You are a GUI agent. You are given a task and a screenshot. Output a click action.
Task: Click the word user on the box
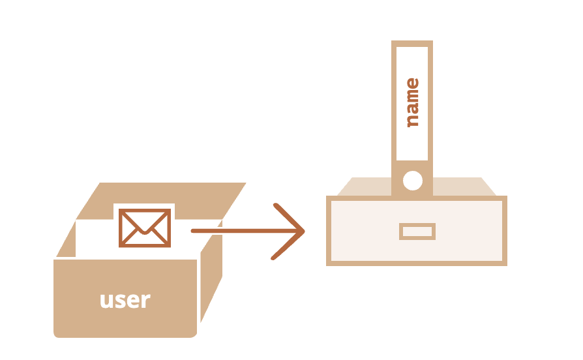(x=125, y=300)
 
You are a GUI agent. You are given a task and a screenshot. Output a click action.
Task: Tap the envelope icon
(x=145, y=228)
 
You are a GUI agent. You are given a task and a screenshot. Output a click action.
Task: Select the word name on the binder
(x=411, y=102)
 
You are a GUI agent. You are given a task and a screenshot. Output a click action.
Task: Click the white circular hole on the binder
(x=412, y=181)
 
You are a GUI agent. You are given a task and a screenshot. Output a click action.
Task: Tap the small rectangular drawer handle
(x=417, y=231)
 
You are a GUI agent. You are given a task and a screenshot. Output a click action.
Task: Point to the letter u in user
(x=107, y=301)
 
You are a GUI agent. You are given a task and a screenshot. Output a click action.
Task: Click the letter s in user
(x=119, y=301)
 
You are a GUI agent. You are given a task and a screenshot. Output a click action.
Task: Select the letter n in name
(x=411, y=119)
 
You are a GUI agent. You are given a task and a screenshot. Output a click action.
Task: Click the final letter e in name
(x=411, y=83)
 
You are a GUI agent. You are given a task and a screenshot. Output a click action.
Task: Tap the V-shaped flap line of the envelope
(x=145, y=226)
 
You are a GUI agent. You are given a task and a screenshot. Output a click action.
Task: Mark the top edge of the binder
(x=411, y=43)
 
